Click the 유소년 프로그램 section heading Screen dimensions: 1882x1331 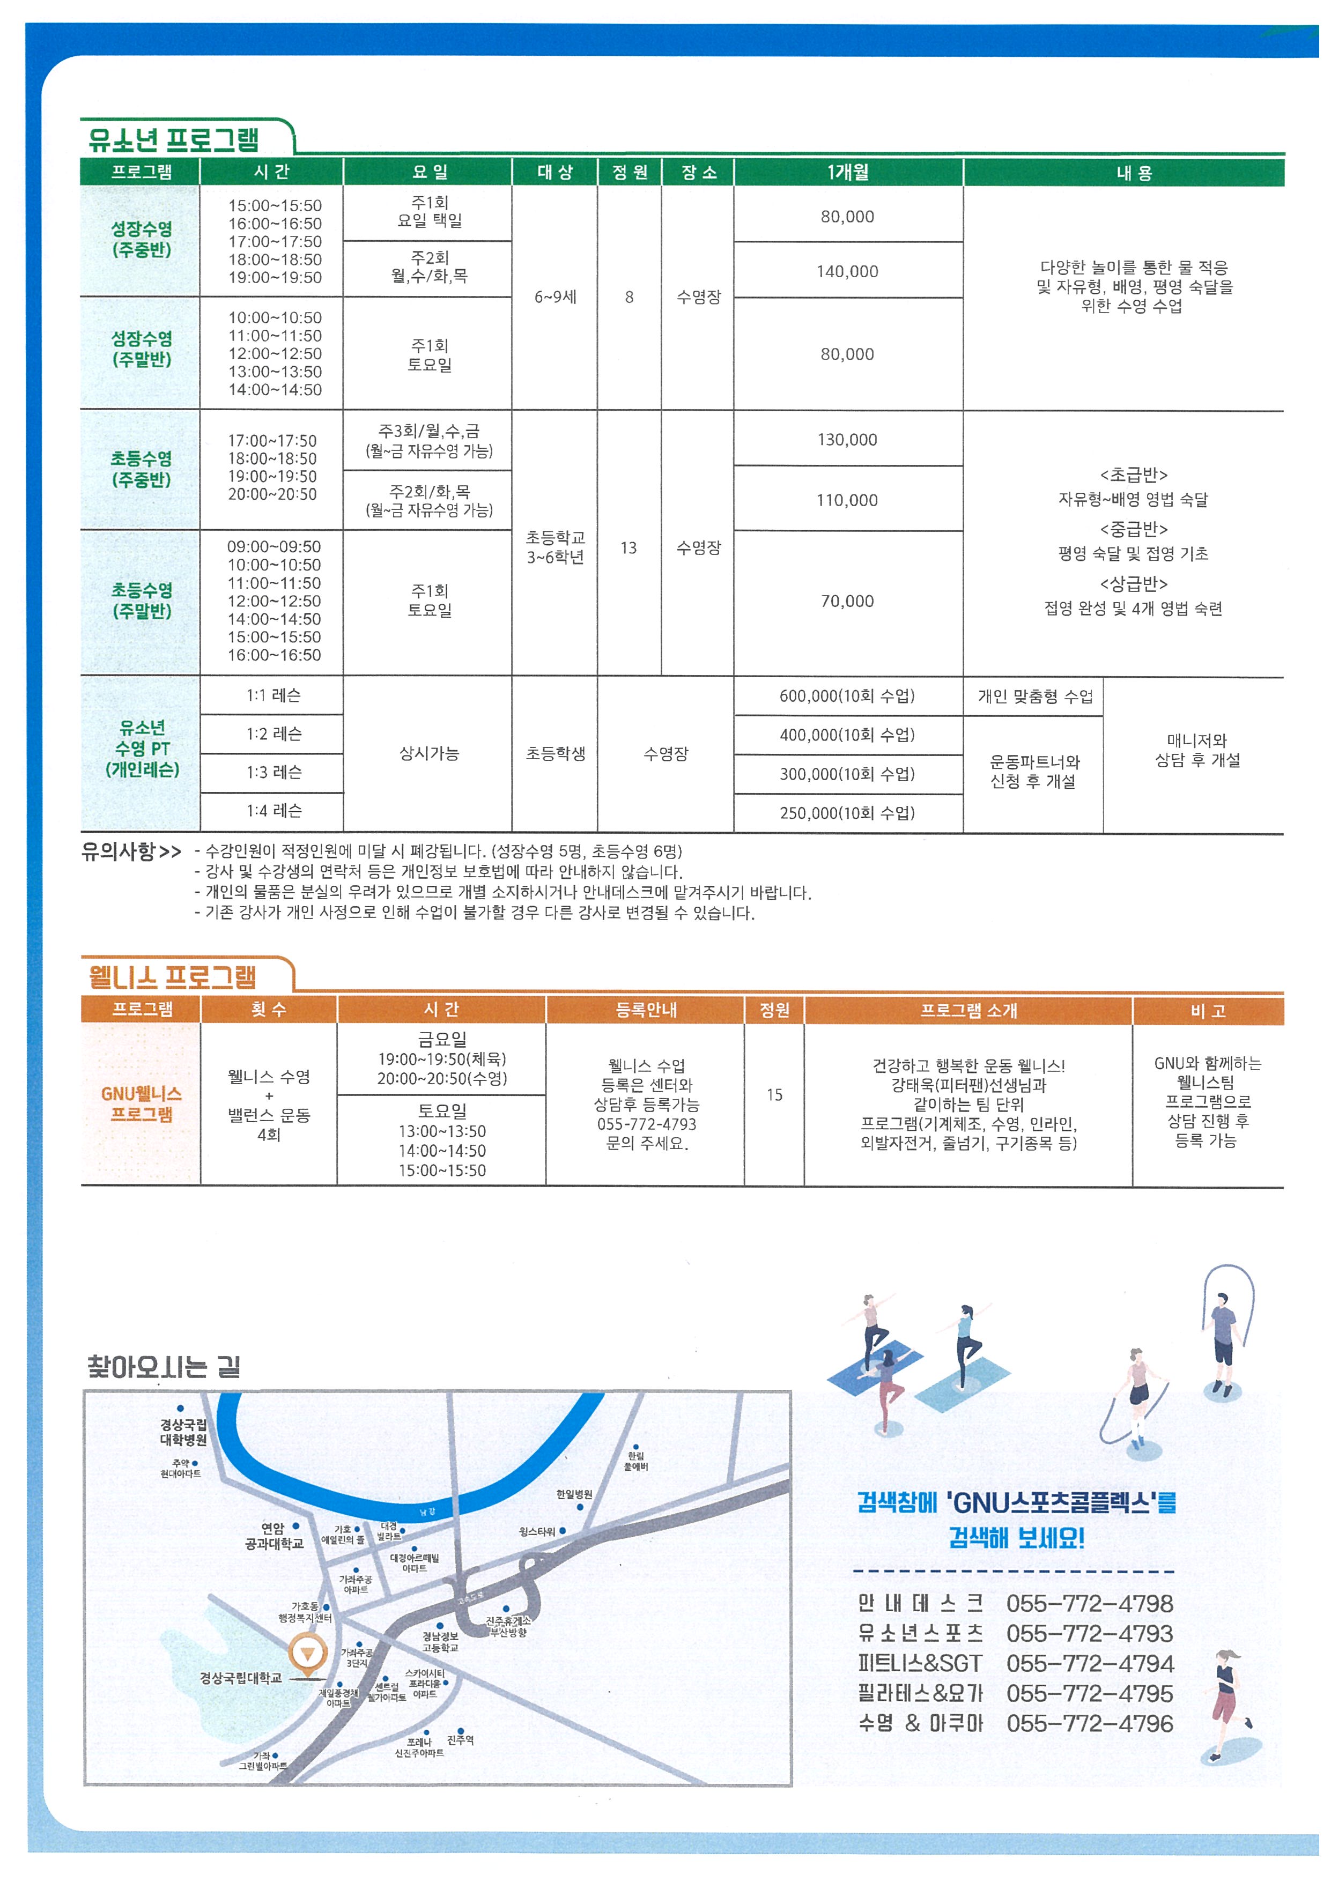(x=174, y=140)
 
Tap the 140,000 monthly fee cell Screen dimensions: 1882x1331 (x=847, y=271)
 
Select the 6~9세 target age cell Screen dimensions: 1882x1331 (x=555, y=297)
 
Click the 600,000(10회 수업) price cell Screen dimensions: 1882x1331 (x=847, y=696)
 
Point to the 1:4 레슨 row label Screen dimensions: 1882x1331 (x=273, y=811)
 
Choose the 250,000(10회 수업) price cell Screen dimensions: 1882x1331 (x=847, y=813)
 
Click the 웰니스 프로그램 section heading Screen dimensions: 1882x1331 (x=172, y=976)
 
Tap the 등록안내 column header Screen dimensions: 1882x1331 (x=645, y=1010)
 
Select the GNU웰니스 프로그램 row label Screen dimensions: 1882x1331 (x=141, y=1103)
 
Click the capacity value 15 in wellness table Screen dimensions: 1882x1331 (x=774, y=1095)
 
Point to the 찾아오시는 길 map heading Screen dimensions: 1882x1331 (x=164, y=1366)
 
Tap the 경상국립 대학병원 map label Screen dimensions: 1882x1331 (x=183, y=1432)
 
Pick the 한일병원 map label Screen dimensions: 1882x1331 (x=574, y=1494)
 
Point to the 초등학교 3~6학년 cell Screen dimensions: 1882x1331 (x=555, y=547)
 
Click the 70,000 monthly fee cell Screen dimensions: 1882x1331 (x=847, y=602)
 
